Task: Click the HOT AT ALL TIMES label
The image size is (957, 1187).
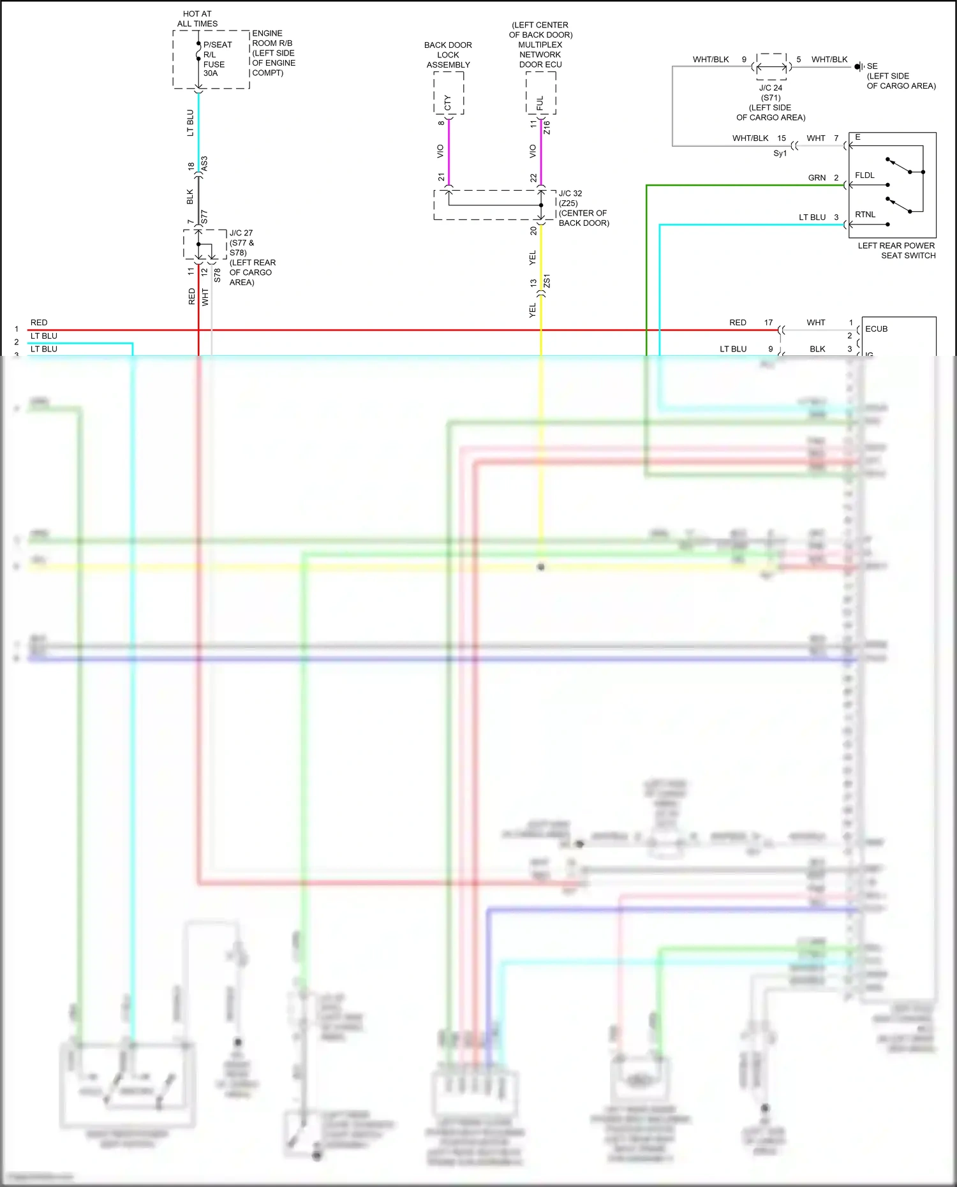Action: click(197, 18)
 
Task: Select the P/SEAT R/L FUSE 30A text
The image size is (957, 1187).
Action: click(216, 59)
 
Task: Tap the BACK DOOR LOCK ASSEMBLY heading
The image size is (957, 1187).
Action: click(448, 55)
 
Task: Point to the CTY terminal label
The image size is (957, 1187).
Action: click(447, 103)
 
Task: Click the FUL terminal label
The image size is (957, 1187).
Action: click(540, 103)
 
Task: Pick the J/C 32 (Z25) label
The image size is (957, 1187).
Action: click(570, 198)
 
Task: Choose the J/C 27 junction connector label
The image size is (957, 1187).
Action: click(241, 233)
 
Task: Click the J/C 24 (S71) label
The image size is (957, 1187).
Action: click(771, 92)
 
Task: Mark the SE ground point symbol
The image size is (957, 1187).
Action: click(859, 66)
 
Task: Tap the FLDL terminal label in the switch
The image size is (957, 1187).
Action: click(864, 175)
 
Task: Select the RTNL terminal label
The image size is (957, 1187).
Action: click(865, 215)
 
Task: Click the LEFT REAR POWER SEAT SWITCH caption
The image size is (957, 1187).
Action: click(896, 251)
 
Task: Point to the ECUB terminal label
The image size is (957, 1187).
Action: click(876, 329)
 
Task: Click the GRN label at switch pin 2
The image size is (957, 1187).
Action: click(817, 178)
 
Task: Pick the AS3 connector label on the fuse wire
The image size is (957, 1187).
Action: click(204, 163)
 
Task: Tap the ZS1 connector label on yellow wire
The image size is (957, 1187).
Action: click(547, 282)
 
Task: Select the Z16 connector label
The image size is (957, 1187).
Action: click(547, 128)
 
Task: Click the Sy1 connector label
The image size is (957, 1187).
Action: click(780, 154)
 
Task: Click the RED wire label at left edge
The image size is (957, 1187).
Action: click(39, 323)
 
